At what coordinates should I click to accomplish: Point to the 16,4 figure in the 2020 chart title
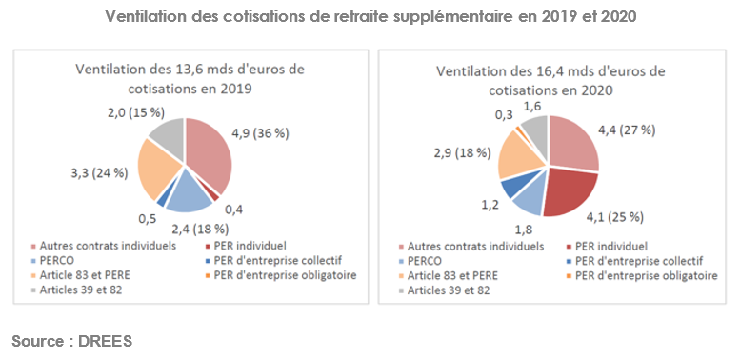point(539,71)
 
